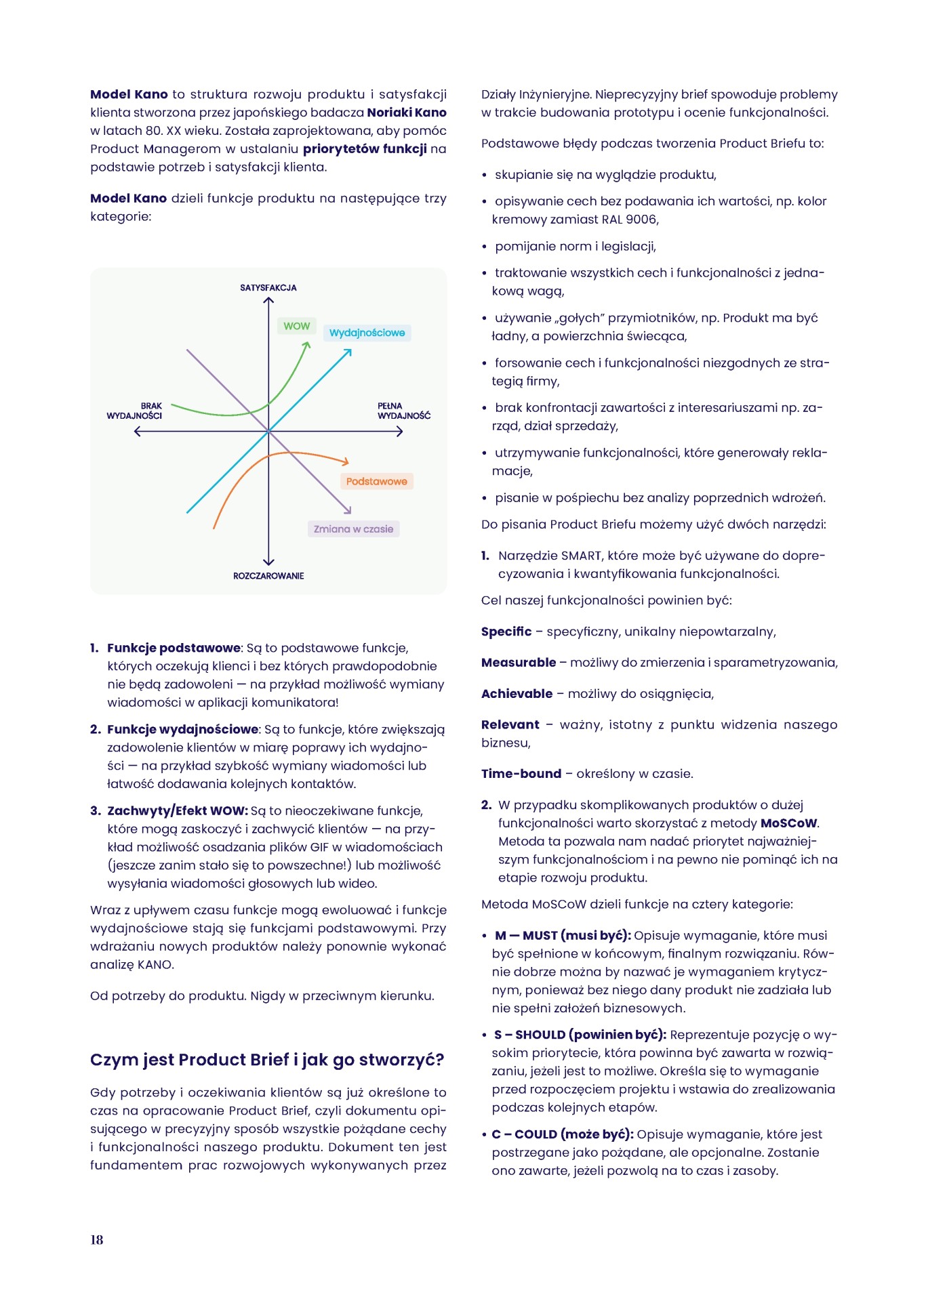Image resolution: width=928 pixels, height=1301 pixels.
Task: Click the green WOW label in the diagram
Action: coord(296,326)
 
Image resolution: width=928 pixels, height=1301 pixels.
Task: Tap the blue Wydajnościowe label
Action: coord(367,333)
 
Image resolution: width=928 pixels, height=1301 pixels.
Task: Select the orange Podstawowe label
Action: coord(376,481)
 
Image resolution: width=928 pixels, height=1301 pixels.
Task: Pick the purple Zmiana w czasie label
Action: coord(353,529)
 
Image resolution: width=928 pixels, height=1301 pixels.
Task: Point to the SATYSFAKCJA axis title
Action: coord(268,287)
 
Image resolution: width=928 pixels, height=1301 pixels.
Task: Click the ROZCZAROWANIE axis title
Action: coord(268,576)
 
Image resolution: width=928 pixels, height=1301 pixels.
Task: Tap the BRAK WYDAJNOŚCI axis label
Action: coord(135,411)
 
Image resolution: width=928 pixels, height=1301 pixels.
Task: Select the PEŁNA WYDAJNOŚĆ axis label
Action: coord(403,411)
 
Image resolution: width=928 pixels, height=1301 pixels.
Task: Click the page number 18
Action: coord(97,1239)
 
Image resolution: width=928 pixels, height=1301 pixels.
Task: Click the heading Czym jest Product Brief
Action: coord(267,1059)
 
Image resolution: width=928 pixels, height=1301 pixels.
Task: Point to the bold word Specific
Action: coord(506,632)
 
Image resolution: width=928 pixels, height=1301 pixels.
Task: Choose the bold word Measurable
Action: coord(519,662)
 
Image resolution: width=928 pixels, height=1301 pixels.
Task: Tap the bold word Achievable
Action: coord(517,693)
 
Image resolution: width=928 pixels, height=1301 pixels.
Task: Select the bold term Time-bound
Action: coord(521,773)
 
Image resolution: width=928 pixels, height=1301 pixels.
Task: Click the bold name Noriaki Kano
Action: coord(407,112)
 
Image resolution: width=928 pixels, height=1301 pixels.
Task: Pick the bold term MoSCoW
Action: coord(789,823)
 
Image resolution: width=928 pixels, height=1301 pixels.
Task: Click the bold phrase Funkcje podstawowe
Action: coord(174,648)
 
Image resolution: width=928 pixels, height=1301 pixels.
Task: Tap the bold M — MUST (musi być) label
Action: coord(563,935)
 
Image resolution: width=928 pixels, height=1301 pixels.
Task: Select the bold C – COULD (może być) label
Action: coord(563,1134)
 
